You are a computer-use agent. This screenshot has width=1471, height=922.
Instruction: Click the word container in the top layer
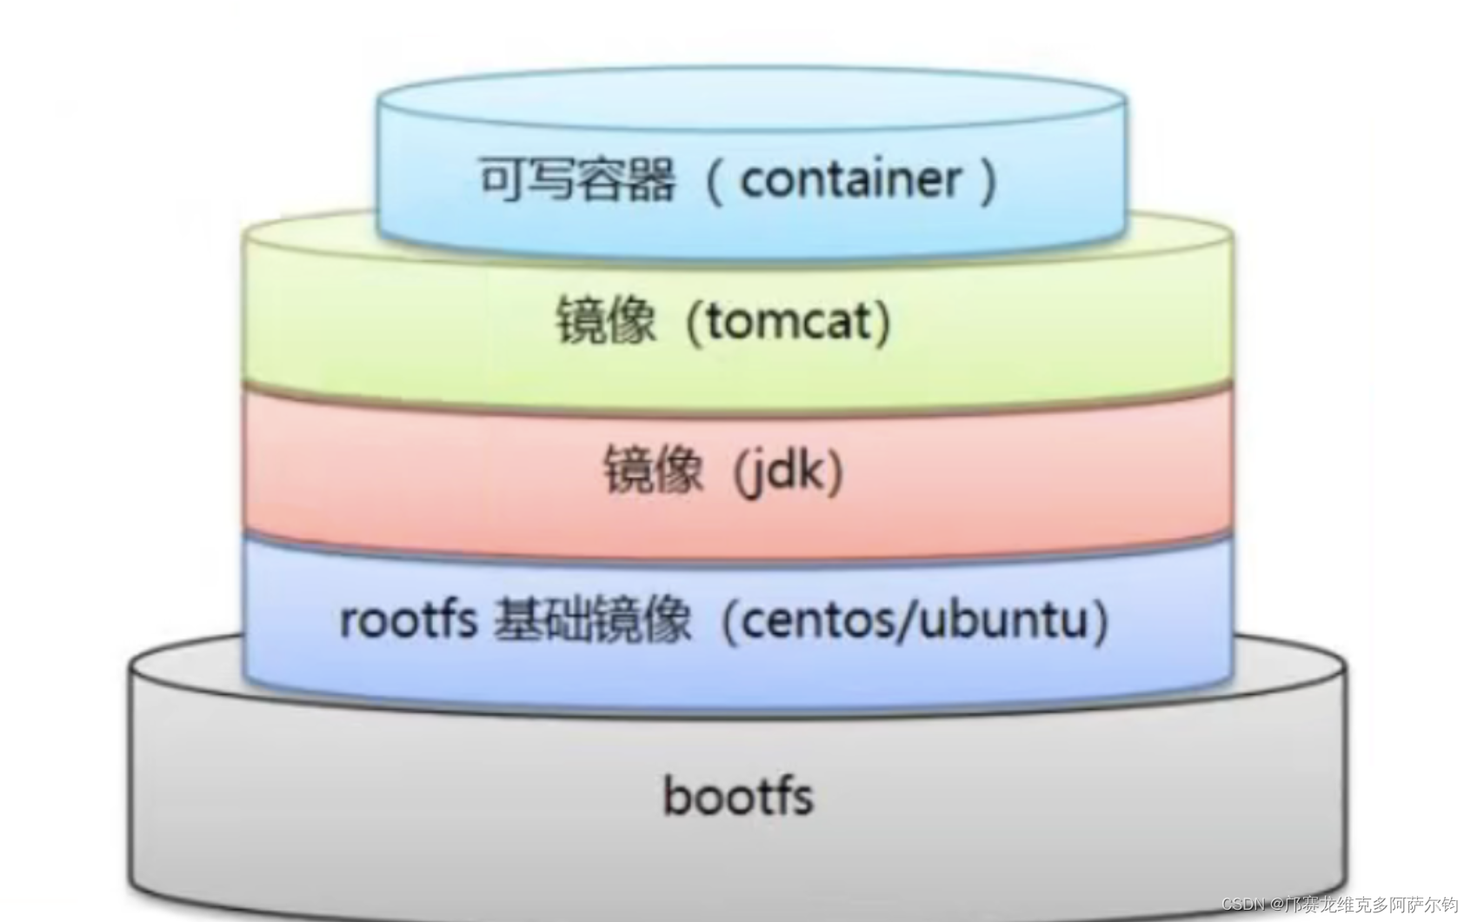850,180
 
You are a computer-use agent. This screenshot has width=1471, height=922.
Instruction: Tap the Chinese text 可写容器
577,180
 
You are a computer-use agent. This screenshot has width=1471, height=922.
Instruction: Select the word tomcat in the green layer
788,322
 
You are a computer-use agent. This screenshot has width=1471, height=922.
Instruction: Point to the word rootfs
408,620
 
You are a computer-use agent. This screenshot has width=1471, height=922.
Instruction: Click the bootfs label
737,797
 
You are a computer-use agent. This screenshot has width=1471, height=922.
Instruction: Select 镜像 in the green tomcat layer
606,322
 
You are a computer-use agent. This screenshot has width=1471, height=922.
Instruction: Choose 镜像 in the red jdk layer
654,471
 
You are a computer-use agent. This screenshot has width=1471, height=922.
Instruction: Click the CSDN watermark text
1243,905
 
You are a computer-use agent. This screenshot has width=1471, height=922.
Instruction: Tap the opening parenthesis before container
715,182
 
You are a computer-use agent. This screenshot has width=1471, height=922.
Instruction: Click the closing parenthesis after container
988,182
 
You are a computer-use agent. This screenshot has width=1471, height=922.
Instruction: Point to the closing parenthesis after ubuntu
1102,621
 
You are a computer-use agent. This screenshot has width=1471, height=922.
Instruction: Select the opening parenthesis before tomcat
694,323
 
